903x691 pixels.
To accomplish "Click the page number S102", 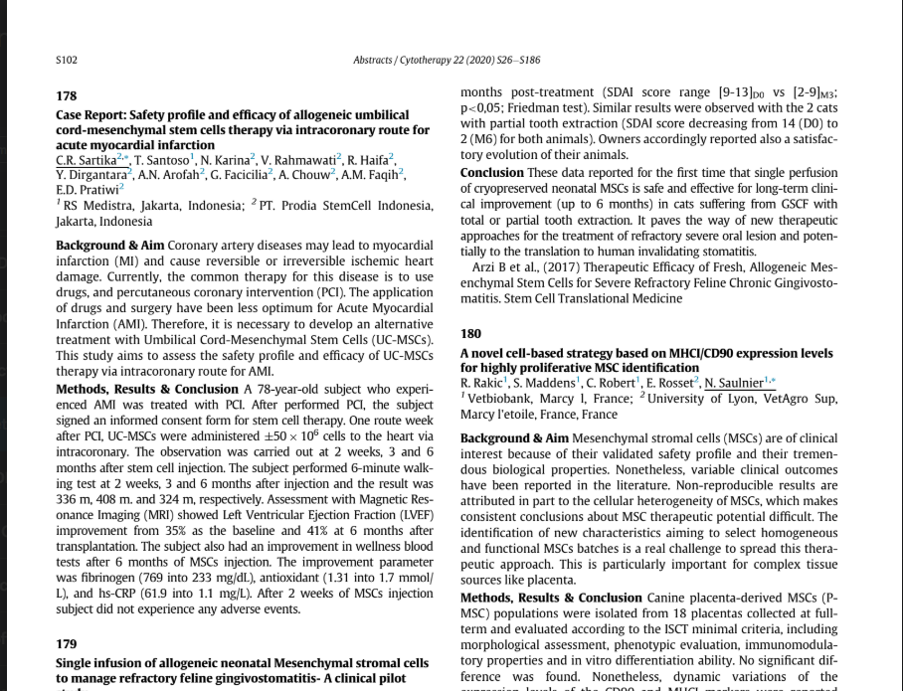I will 66,60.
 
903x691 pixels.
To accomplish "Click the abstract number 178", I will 66,96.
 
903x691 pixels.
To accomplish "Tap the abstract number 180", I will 470,335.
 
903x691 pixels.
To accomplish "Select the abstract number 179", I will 66,644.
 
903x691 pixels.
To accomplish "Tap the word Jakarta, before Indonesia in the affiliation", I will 76,222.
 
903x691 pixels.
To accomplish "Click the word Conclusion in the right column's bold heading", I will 491,173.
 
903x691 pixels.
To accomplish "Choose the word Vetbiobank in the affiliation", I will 502,399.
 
